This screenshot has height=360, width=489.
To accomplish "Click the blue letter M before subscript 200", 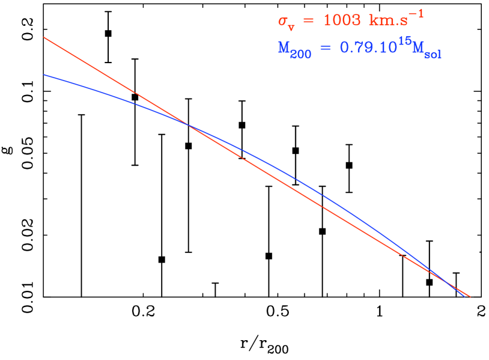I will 284,48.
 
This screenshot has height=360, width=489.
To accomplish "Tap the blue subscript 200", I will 301,54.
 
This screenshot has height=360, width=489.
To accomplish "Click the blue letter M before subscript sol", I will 415,48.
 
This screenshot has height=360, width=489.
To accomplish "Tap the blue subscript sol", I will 433,55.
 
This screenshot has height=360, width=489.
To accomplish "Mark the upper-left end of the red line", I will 44,37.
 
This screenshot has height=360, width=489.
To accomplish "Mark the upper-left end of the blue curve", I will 44,75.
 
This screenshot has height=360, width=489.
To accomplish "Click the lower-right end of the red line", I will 470,296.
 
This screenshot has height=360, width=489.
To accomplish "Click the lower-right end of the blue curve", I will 465,296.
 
